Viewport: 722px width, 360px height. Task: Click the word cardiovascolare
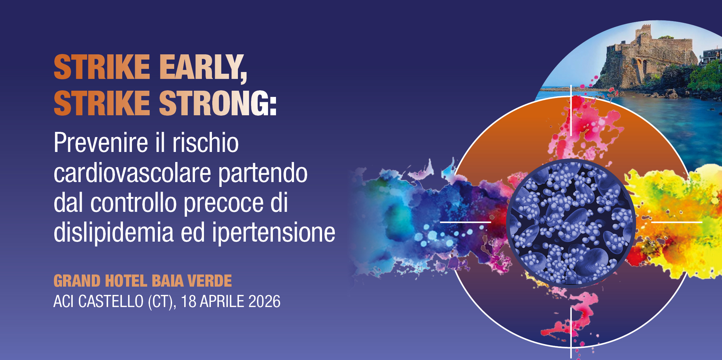tap(132, 173)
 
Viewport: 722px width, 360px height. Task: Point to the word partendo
tap(262, 173)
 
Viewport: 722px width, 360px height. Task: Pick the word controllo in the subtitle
tap(134, 203)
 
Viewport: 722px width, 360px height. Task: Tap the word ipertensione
tap(274, 233)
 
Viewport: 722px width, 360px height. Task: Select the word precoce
tap(224, 203)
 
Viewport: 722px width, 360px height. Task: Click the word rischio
tap(206, 143)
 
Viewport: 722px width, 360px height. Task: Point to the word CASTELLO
tap(111, 301)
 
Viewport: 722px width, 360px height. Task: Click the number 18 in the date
tap(189, 301)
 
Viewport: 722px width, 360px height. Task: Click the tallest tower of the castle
tap(645, 33)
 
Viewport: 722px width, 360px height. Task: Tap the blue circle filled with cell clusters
tap(571, 223)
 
